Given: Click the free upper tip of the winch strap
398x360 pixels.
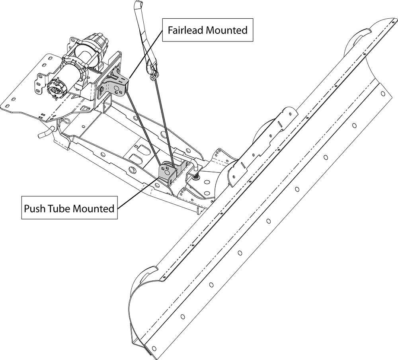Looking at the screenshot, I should (x=139, y=5).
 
